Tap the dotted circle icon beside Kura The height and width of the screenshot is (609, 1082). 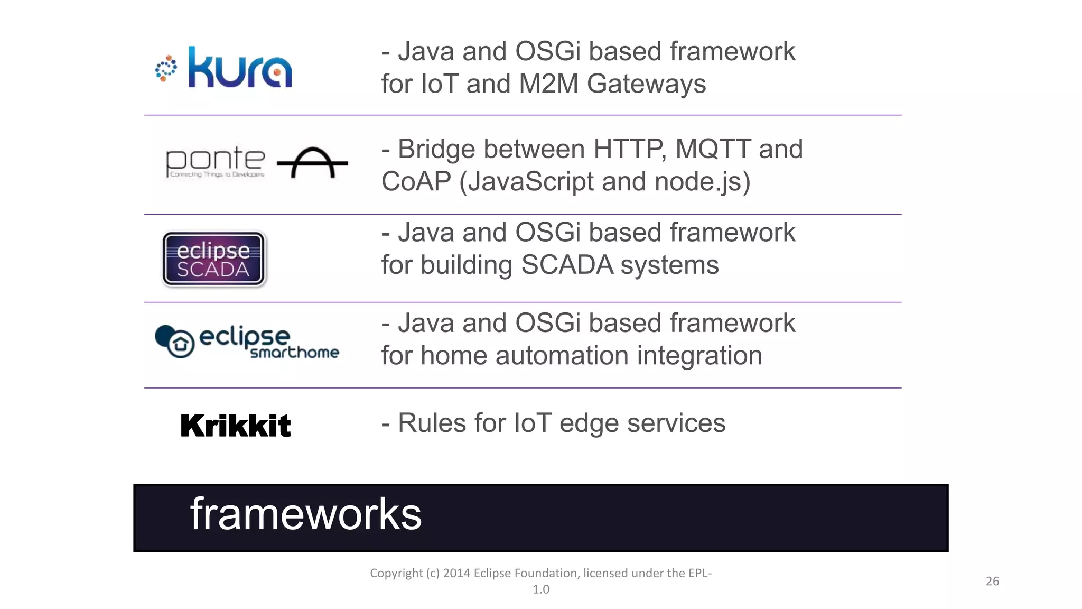(166, 69)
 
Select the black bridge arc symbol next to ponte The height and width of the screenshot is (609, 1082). (312, 162)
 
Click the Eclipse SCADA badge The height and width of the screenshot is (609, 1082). (213, 260)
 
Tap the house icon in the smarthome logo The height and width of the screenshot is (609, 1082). (181, 344)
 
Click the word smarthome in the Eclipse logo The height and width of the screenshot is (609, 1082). (294, 353)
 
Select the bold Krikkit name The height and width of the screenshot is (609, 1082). (236, 426)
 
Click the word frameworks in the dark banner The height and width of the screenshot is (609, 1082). (305, 514)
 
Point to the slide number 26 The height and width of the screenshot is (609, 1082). (992, 581)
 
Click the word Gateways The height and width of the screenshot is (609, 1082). (646, 84)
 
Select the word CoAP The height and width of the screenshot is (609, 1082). (416, 182)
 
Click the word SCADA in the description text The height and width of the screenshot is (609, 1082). (567, 265)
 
